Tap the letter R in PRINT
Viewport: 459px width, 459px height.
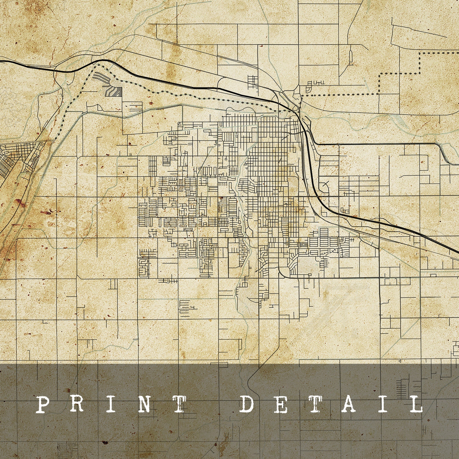[x=76, y=404]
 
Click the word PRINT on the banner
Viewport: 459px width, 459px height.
[x=109, y=404]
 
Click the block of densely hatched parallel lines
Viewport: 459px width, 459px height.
[x=114, y=91]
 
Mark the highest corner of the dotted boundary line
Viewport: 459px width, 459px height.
[x=420, y=53]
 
